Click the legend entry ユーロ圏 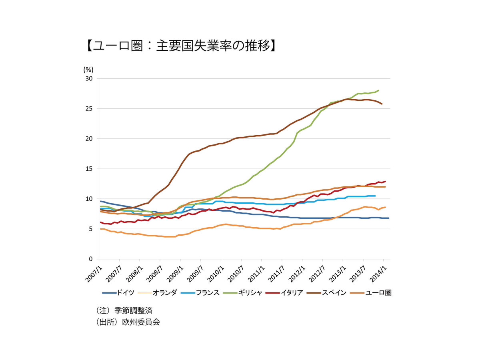pyautogui.click(x=378, y=293)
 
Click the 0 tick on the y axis pyautogui.click(x=91, y=259)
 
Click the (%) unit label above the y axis pyautogui.click(x=88, y=69)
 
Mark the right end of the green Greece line pyautogui.click(x=378, y=90)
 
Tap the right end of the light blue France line pyautogui.click(x=375, y=196)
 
